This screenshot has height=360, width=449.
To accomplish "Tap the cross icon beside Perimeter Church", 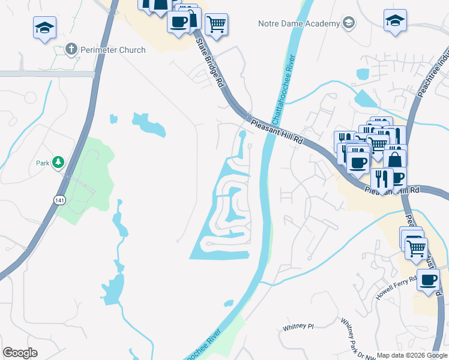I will pyautogui.click(x=71, y=49).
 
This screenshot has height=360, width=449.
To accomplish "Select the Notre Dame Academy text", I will pyautogui.click(x=299, y=23).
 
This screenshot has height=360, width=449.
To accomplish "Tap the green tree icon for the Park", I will pyautogui.click(x=58, y=162).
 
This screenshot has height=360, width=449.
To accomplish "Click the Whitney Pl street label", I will pyautogui.click(x=298, y=327).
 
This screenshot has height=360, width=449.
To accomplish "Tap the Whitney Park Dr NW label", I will pyautogui.click(x=352, y=339).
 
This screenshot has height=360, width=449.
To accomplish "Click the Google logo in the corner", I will pyautogui.click(x=20, y=353).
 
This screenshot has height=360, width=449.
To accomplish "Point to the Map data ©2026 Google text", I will pyautogui.click(x=412, y=355).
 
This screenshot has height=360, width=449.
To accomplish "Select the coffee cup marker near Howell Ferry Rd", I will pyautogui.click(x=428, y=280).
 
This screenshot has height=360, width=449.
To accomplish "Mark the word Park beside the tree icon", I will pyautogui.click(x=42, y=163).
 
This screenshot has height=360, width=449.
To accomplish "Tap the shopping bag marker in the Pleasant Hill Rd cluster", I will pyautogui.click(x=395, y=160).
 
